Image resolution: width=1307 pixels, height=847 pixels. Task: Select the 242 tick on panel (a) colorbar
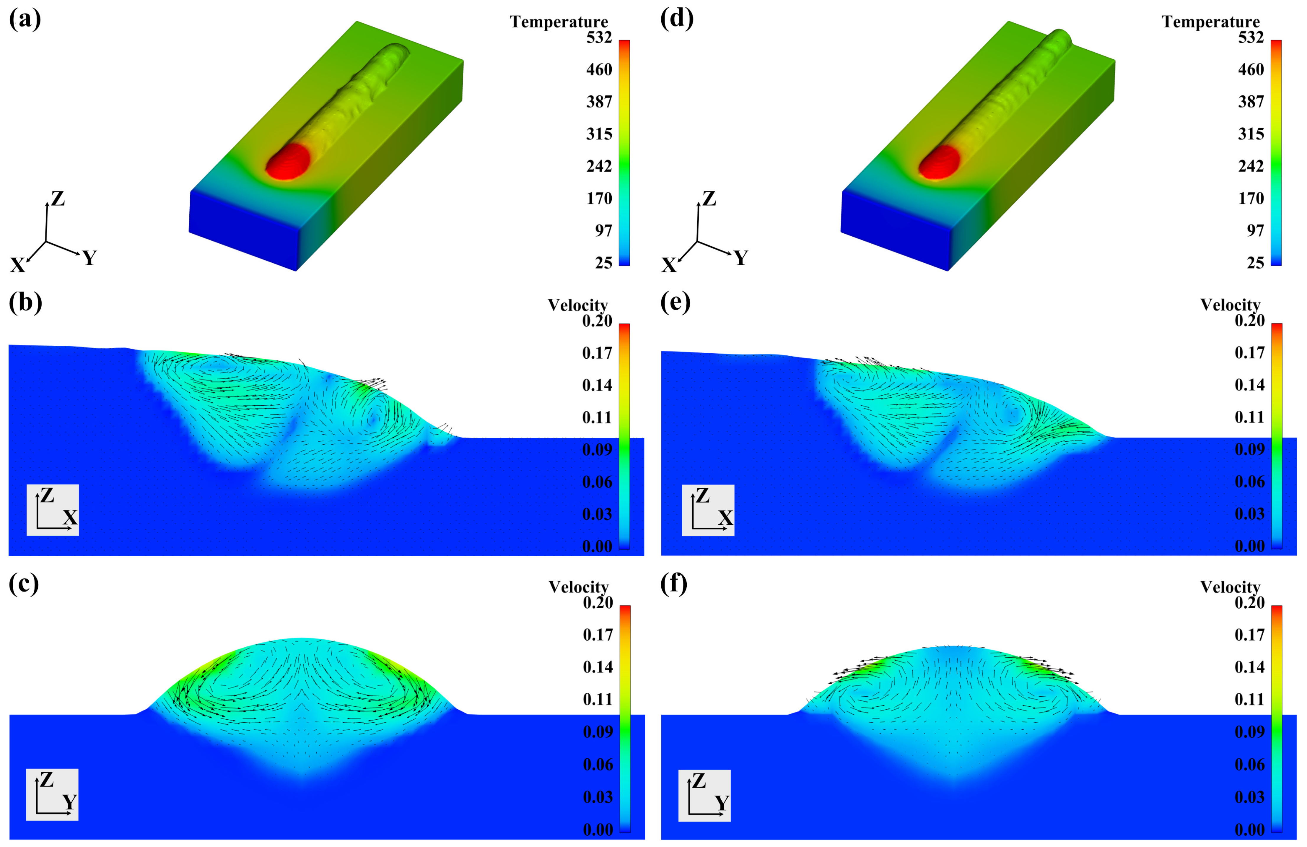pos(599,166)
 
